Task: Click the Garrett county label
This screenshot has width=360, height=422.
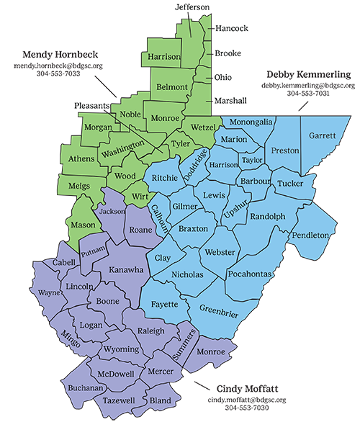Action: [322, 135]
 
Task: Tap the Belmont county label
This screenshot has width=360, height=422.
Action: [172, 87]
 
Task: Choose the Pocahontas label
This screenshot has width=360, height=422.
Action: [249, 274]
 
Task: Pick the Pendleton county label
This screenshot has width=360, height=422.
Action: [311, 235]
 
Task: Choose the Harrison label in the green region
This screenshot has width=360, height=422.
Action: [163, 56]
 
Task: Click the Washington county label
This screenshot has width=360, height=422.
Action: [123, 153]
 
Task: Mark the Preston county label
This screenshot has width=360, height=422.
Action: [280, 151]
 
